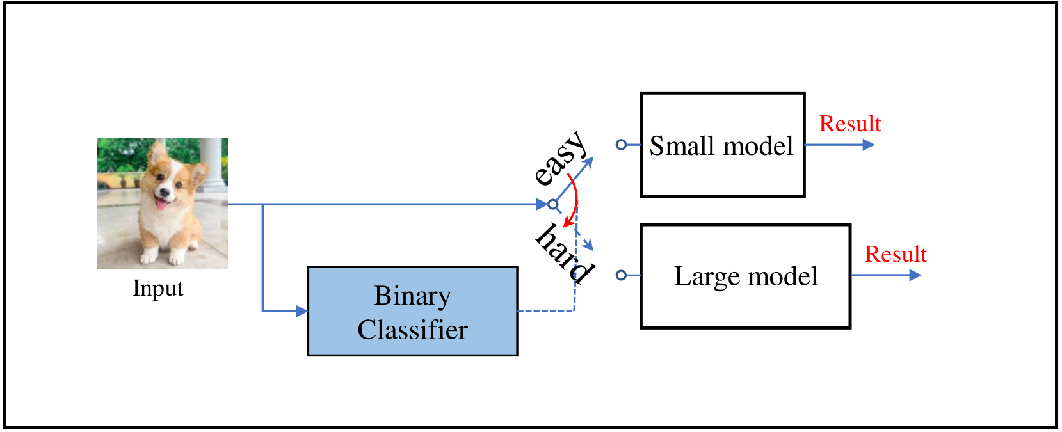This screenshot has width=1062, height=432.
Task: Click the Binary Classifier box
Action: click(412, 311)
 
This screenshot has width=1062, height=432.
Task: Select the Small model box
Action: click(722, 145)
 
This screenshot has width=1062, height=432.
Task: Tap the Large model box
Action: click(745, 276)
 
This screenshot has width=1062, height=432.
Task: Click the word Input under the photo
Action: click(157, 288)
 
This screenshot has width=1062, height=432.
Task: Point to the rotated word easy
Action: click(559, 157)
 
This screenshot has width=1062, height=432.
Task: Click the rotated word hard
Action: click(564, 253)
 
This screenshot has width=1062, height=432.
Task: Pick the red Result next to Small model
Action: click(849, 124)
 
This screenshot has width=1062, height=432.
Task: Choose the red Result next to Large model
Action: click(895, 254)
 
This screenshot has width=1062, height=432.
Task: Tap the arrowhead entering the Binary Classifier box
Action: click(302, 311)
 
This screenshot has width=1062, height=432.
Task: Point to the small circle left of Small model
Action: click(621, 145)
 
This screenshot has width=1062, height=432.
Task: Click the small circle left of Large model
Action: click(621, 275)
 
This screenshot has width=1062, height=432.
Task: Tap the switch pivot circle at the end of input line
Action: click(553, 204)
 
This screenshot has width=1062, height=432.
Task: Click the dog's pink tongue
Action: click(160, 204)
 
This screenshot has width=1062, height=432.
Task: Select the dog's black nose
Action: click(164, 191)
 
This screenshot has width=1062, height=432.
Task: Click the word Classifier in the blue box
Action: click(412, 330)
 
